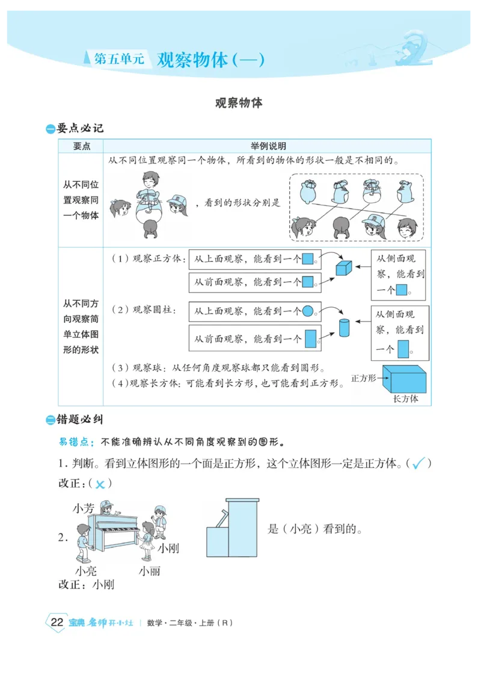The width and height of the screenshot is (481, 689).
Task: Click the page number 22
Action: (x=57, y=623)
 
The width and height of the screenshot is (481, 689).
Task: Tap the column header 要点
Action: (x=81, y=146)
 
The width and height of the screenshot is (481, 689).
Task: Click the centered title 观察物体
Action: (x=239, y=103)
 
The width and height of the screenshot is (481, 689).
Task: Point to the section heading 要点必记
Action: (x=79, y=128)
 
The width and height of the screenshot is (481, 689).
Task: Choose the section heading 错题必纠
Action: (x=79, y=419)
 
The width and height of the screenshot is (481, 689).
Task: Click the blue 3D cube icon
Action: (x=343, y=267)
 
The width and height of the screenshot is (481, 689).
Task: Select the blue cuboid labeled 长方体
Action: (x=405, y=379)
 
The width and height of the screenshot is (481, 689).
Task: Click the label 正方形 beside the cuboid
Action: (x=363, y=378)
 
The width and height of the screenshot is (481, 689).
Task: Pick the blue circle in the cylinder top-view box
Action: (x=307, y=311)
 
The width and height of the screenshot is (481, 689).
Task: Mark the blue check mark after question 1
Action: (x=419, y=463)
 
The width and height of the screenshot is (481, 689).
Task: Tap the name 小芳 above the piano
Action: (x=84, y=508)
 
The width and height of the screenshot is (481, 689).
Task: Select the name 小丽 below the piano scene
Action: (x=150, y=570)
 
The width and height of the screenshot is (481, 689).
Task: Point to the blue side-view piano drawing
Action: (x=232, y=528)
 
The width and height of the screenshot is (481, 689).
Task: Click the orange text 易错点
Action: (x=76, y=442)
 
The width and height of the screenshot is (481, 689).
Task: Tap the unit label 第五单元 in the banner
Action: (x=120, y=60)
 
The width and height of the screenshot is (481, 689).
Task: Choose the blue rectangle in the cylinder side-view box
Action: (x=403, y=349)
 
